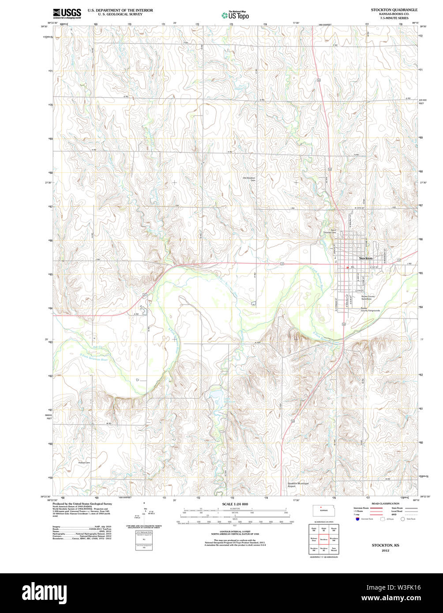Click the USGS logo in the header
point(67,13)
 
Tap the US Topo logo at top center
point(235,15)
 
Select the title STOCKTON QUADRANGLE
point(394,9)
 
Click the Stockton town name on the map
point(366,258)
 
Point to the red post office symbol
point(347,267)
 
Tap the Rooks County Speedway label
point(368,298)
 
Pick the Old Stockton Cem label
point(249,179)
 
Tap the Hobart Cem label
point(84,463)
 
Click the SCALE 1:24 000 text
point(235,504)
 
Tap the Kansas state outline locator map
point(323,511)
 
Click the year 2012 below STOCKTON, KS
point(385,550)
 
